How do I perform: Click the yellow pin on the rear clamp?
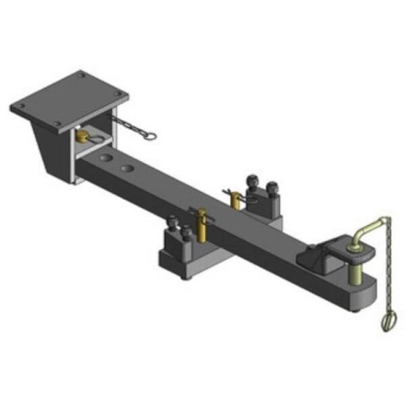[x=235, y=194]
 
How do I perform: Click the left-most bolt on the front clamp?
[x=172, y=235]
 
